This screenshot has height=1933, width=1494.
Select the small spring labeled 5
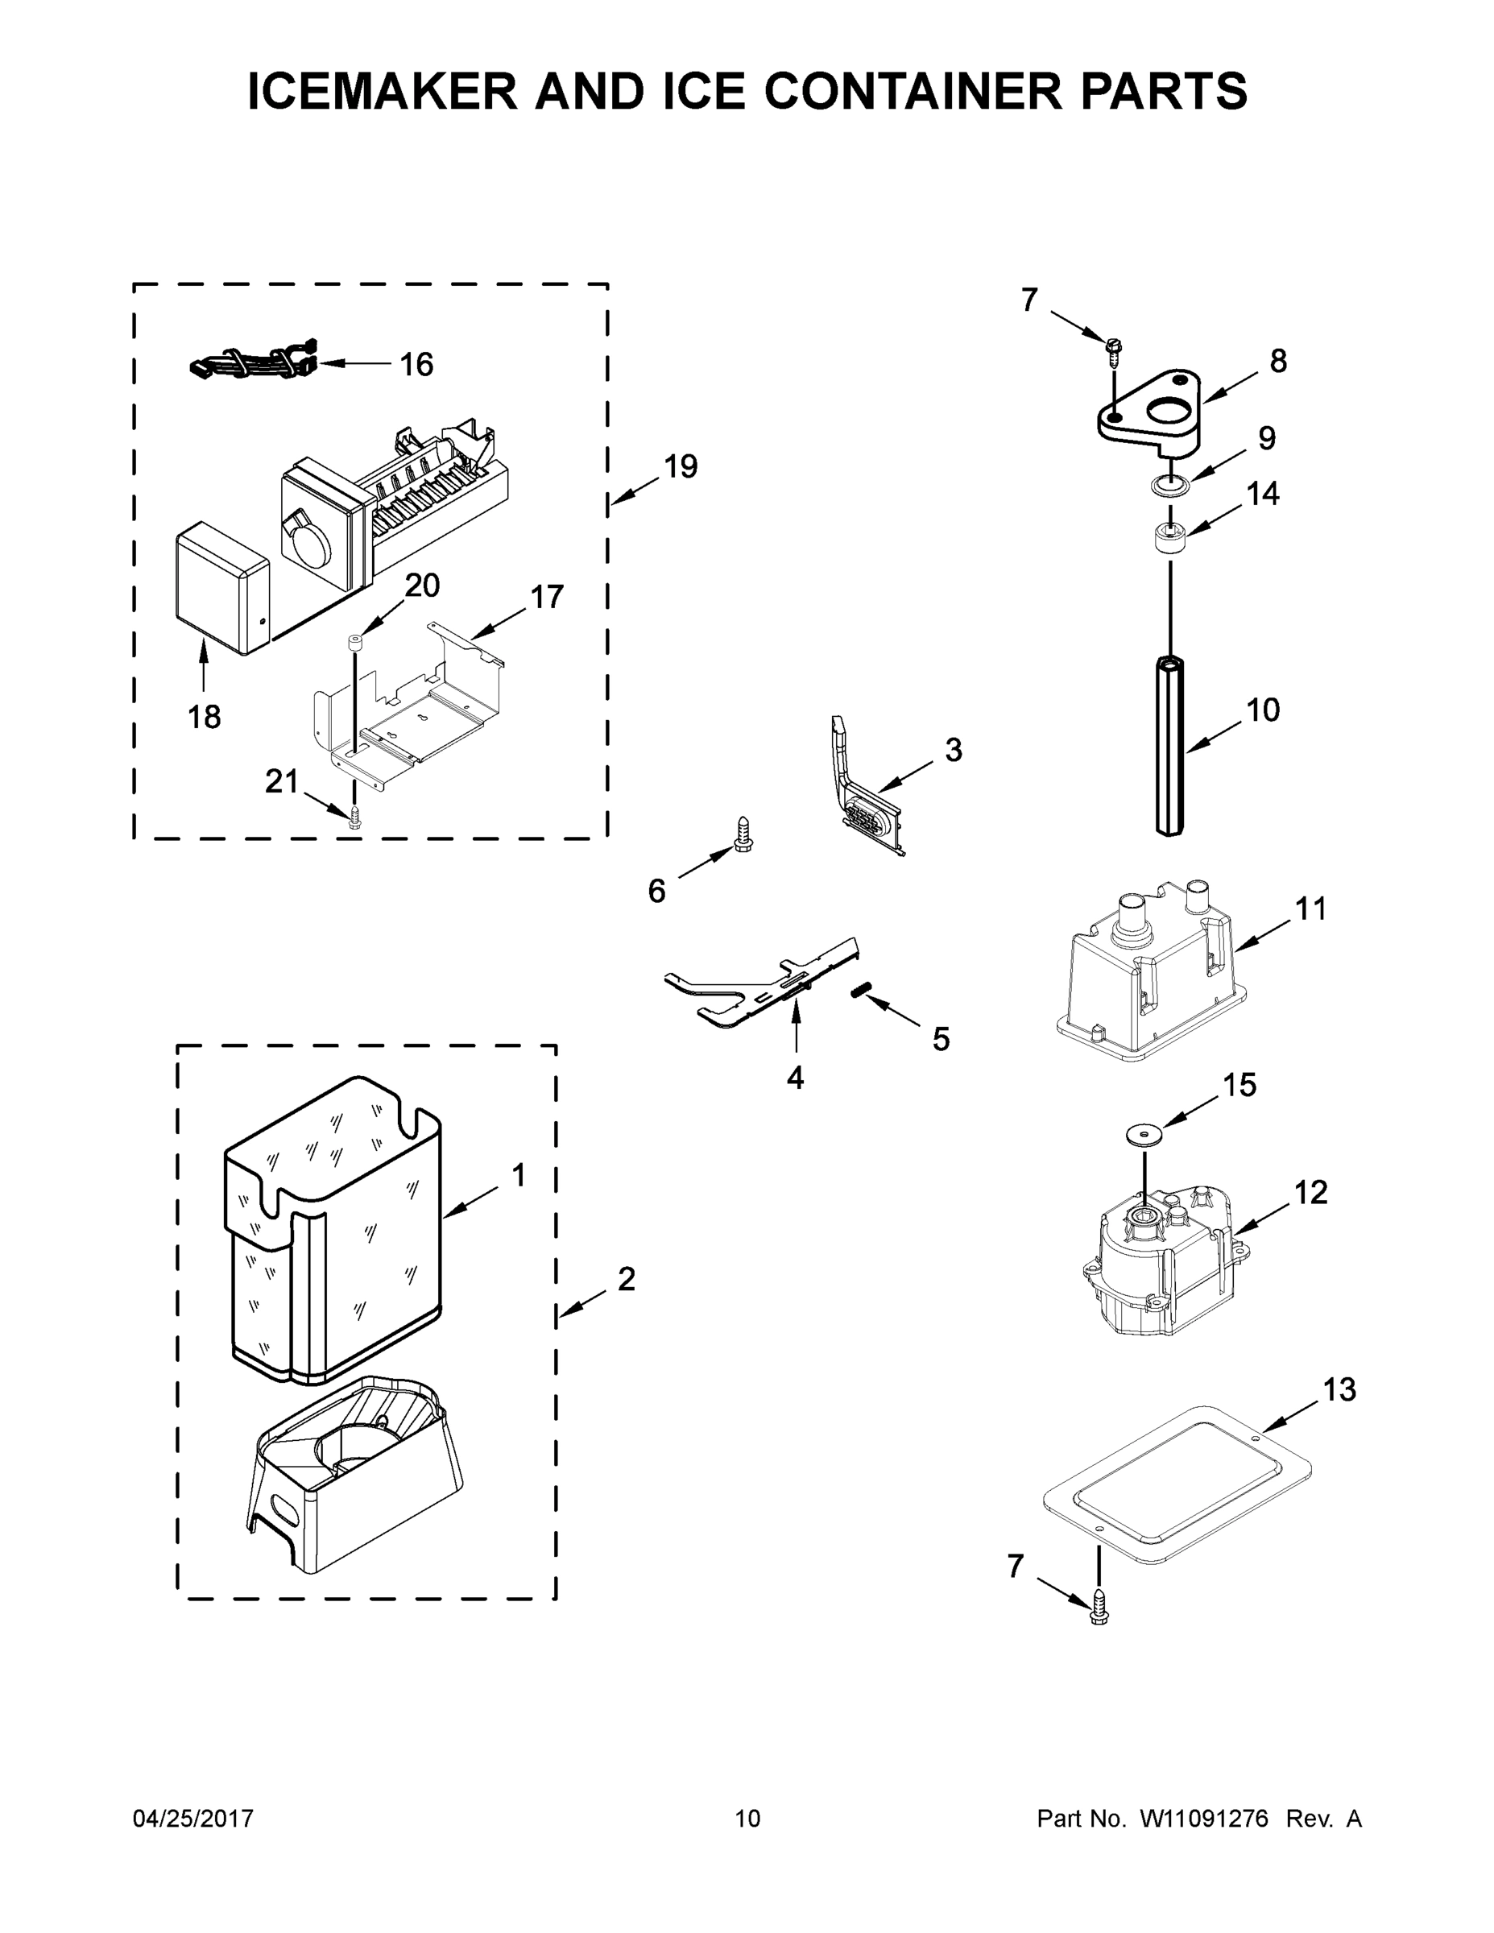[x=858, y=992]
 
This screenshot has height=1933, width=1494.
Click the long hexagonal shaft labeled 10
[x=1170, y=743]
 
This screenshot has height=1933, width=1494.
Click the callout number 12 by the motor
[x=1311, y=1193]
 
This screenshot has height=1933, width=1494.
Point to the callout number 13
[x=1339, y=1390]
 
